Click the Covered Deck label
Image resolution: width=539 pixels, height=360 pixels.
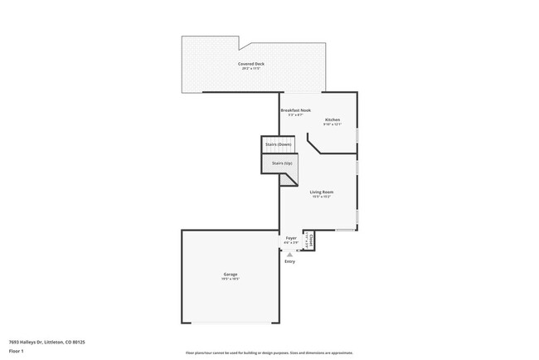tap(250, 64)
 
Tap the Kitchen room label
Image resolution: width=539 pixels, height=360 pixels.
tap(332, 120)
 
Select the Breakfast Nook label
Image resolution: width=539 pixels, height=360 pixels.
tap(295, 110)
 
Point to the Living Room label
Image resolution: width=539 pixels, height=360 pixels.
tap(322, 192)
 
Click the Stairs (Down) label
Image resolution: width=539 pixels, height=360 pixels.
tap(278, 144)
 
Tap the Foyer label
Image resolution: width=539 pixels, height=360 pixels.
tap(291, 238)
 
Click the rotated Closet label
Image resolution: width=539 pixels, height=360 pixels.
tap(312, 240)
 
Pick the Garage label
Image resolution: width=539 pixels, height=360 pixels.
tap(230, 275)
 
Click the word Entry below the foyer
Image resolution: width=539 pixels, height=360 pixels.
tap(290, 261)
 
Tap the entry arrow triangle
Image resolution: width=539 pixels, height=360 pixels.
tap(290, 254)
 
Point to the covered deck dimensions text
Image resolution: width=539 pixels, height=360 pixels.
tap(250, 69)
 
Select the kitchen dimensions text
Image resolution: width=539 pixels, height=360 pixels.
tap(332, 125)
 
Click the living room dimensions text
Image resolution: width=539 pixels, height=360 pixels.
tap(322, 197)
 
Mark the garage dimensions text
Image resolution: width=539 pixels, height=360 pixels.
tap(230, 280)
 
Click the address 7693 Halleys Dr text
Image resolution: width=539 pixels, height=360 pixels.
tap(47, 341)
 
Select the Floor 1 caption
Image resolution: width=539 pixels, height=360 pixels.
tap(16, 351)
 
